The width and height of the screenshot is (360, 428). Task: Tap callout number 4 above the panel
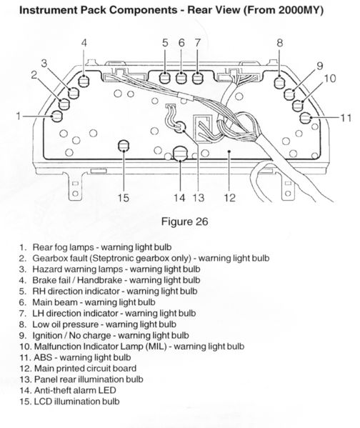coord(84,44)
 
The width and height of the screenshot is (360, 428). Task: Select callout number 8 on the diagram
coord(280,44)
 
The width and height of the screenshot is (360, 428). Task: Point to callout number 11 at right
coord(346,117)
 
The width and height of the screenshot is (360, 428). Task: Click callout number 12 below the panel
coord(229,198)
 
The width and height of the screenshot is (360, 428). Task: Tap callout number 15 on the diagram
coord(123,198)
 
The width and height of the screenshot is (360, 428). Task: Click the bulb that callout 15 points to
coord(123,146)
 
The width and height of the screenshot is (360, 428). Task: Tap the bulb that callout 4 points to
coord(84,80)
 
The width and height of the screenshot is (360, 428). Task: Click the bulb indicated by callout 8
coord(280,79)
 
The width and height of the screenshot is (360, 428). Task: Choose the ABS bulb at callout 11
coord(306,117)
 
